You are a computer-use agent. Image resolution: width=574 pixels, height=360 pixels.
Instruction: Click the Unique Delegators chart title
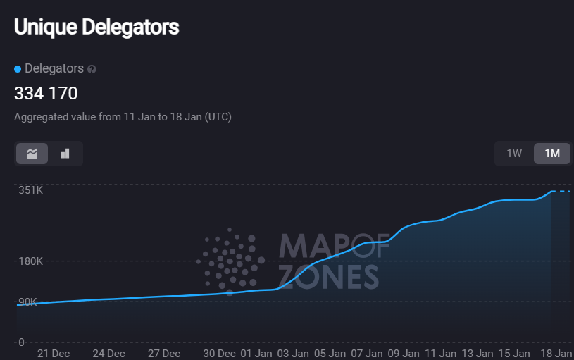point(96,27)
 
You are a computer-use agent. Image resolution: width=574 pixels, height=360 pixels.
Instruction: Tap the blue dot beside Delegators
point(18,69)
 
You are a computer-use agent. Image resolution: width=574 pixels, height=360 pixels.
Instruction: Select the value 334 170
point(46,93)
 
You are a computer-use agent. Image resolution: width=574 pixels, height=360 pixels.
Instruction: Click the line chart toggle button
point(32,154)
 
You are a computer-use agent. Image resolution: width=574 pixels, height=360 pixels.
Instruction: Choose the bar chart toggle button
point(65,154)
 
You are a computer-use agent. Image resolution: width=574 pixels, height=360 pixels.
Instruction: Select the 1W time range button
point(514,154)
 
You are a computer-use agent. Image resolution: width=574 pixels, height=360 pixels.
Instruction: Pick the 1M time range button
point(552,154)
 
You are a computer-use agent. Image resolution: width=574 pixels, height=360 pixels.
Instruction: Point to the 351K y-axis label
point(30,190)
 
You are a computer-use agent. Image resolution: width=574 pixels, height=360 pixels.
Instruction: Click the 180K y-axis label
point(30,261)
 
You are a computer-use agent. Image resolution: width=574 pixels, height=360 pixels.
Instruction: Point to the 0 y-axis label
point(21,342)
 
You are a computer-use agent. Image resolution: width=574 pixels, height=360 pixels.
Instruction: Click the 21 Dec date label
point(54,354)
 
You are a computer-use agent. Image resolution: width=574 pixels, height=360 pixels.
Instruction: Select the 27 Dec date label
point(163,354)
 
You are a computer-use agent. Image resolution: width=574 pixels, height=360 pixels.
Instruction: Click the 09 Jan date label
point(404,354)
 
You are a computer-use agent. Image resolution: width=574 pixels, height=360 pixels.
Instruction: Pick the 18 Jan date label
point(556,354)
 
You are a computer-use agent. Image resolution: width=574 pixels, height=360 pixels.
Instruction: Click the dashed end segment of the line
point(561,191)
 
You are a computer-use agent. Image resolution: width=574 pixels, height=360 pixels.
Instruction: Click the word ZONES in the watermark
point(328,277)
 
